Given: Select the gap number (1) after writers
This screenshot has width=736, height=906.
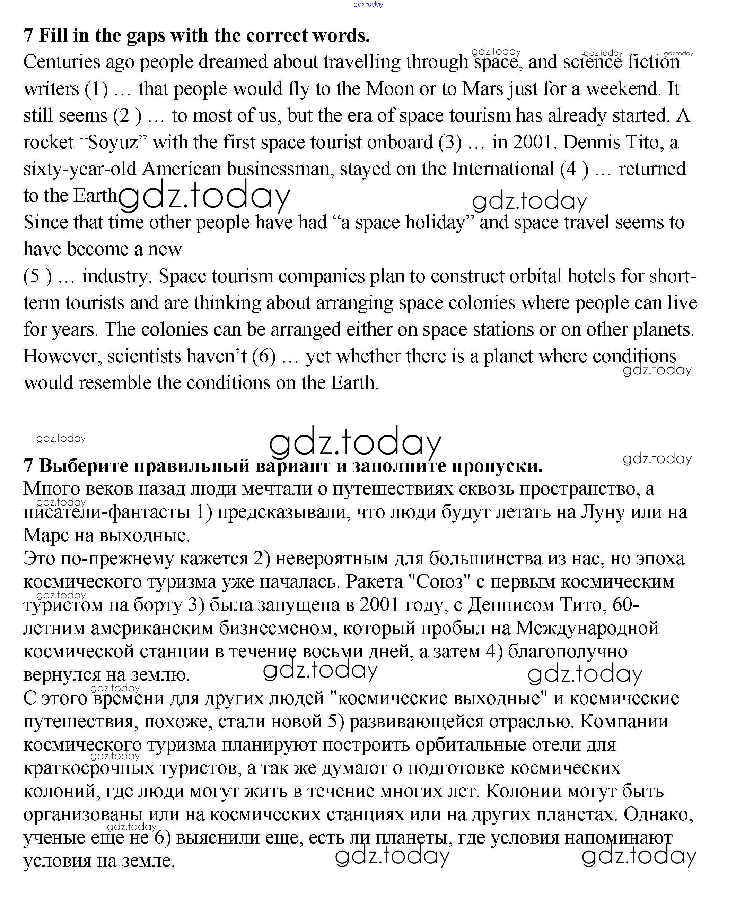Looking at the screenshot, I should [96, 89].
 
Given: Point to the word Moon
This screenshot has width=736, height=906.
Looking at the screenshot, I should [390, 89].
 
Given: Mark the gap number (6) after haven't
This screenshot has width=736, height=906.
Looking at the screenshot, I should [264, 357].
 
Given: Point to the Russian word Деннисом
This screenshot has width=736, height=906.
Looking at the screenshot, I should [510, 606].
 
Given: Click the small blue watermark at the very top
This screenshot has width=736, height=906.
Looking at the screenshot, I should [368, 4].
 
